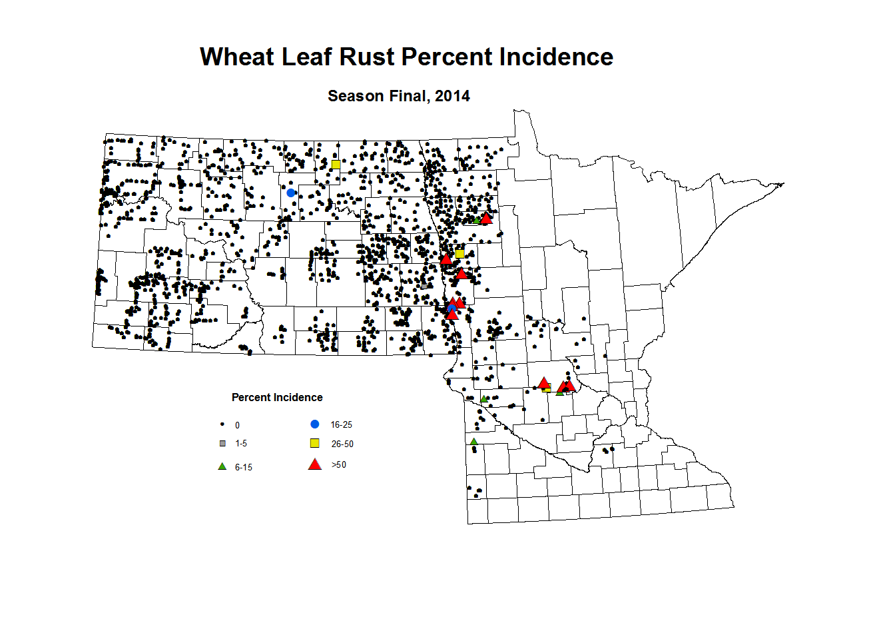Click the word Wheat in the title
(237, 57)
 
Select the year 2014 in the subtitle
(452, 96)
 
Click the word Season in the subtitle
(356, 96)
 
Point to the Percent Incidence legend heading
(277, 397)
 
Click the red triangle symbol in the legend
(315, 464)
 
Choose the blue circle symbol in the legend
(315, 424)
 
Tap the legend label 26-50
(342, 444)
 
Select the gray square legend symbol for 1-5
(223, 443)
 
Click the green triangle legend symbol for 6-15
(222, 466)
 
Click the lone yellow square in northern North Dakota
(336, 164)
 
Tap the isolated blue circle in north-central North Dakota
(291, 193)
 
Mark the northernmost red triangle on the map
(486, 219)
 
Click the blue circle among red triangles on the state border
(451, 308)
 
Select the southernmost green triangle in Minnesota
(473, 442)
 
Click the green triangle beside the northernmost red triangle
(477, 221)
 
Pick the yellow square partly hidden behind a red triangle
(547, 388)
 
